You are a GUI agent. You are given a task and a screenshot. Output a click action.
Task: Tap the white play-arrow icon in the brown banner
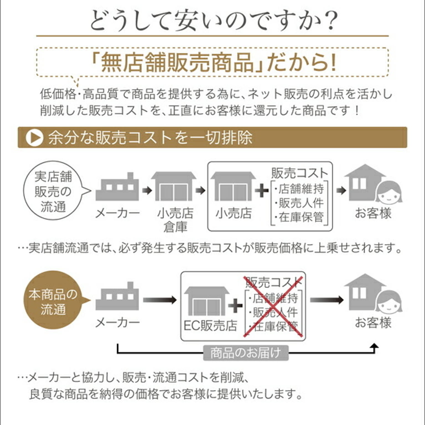[x=34, y=138]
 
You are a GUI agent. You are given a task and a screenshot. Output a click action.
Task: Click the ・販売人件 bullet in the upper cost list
[x=299, y=203]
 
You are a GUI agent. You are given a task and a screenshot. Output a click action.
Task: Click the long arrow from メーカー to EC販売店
[x=160, y=300]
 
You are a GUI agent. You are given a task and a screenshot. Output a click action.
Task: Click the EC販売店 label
[x=210, y=326]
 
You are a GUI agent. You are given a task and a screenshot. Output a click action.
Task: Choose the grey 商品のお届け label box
[x=245, y=353]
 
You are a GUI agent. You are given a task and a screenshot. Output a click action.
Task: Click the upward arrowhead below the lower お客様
[x=374, y=346]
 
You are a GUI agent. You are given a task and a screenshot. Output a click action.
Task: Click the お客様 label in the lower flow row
[x=373, y=323]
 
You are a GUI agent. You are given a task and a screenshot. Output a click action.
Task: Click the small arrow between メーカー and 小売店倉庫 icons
[x=147, y=190]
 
